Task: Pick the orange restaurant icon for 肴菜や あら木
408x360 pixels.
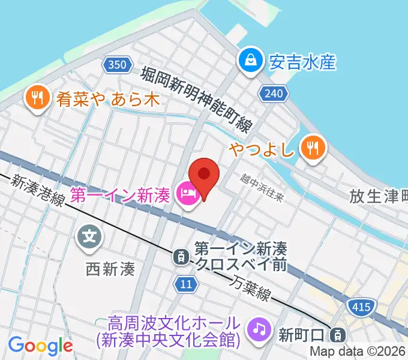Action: coord(37,97)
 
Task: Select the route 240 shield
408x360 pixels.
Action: coord(274,92)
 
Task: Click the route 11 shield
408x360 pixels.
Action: coord(187,284)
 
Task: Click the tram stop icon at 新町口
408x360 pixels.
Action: coord(339,334)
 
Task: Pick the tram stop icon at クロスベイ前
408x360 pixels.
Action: coord(179,257)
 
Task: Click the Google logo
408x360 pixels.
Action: coord(40,346)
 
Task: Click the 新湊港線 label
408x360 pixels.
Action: coord(38,188)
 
